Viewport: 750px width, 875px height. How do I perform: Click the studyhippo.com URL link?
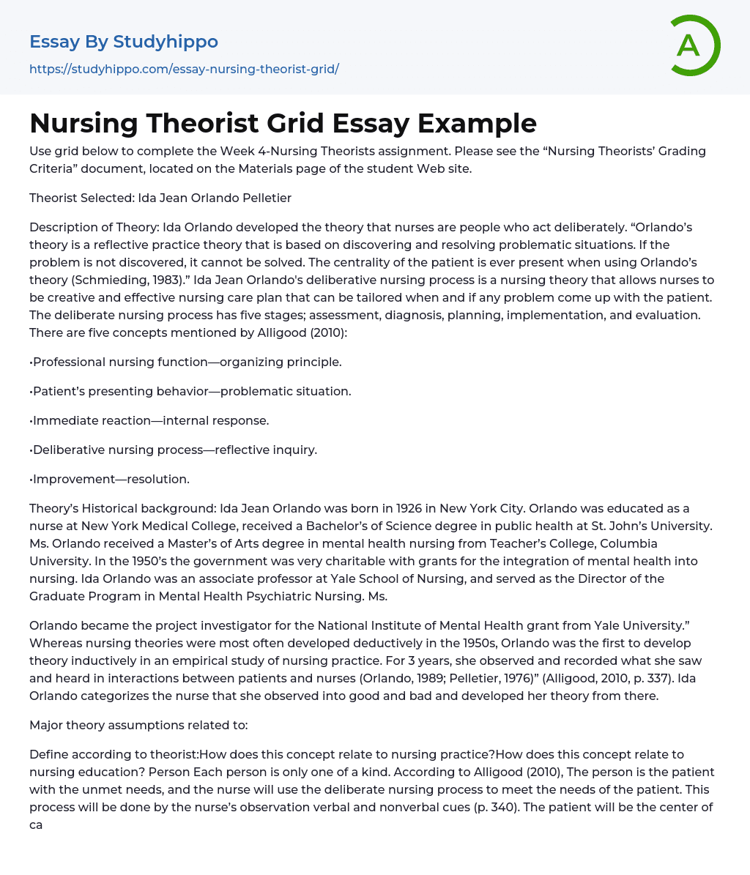point(184,69)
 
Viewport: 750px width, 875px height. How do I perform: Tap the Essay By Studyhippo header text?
point(124,42)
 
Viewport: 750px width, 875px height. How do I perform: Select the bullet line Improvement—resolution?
point(110,479)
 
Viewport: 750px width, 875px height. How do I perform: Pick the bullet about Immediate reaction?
point(149,420)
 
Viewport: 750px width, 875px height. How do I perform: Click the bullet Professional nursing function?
point(185,362)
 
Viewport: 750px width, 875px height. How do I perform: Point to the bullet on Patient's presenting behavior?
point(190,391)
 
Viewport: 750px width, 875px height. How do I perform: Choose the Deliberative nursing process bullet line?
point(174,450)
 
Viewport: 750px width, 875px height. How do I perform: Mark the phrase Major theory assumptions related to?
point(138,725)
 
